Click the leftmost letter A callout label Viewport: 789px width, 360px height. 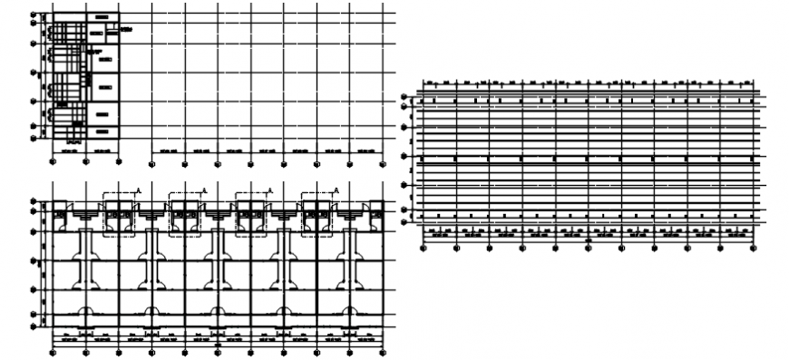pyautogui.click(x=138, y=190)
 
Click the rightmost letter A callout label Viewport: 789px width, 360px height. pyautogui.click(x=336, y=190)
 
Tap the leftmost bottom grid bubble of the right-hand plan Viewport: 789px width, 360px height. pyautogui.click(x=424, y=247)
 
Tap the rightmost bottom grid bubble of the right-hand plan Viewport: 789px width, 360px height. pyautogui.click(x=753, y=247)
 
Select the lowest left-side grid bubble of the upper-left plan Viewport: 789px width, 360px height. pyautogui.click(x=34, y=138)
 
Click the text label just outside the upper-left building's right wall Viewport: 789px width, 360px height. pyautogui.click(x=126, y=31)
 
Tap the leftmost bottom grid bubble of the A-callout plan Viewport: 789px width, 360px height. pyautogui.click(x=53, y=353)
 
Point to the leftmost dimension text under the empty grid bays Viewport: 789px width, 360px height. pyautogui.click(x=167, y=150)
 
